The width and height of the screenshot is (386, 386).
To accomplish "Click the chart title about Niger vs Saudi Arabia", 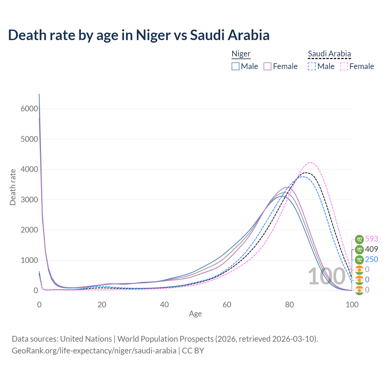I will [x=139, y=35].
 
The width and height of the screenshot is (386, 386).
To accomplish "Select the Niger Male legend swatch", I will [x=236, y=66].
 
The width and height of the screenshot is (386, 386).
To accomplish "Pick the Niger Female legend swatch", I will [x=267, y=66].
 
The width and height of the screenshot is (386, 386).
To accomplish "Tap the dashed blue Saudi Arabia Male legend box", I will [x=312, y=66].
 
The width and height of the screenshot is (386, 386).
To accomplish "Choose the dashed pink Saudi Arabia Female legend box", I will [x=344, y=66].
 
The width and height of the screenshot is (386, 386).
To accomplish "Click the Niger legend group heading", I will [x=241, y=54].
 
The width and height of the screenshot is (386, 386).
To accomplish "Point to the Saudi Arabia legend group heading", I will [x=329, y=54].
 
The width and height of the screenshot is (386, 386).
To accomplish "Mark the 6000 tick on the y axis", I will [x=29, y=109].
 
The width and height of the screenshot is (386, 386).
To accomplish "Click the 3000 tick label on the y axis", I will [x=29, y=200].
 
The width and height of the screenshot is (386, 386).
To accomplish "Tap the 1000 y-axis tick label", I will [x=29, y=260].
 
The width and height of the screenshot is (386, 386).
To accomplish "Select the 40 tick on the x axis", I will [x=164, y=305].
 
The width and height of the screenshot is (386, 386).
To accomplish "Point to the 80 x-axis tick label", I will [x=289, y=305].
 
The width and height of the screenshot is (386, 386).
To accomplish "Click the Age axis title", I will [x=195, y=314].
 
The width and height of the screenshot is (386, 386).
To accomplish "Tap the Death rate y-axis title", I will [x=13, y=187].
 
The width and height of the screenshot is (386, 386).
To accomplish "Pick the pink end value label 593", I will [x=372, y=239].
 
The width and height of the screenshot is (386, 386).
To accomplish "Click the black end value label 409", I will [x=372, y=249].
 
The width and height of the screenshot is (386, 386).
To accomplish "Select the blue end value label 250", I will [x=372, y=259].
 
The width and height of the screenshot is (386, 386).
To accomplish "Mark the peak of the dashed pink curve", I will [x=311, y=162].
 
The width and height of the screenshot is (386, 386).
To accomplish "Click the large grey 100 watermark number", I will [x=327, y=276].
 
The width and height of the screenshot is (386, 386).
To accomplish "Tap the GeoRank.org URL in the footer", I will [x=94, y=351].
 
